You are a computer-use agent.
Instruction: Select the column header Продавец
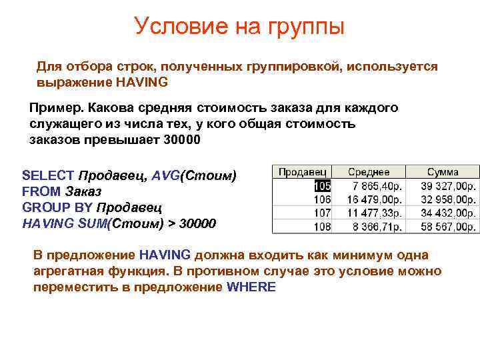click(x=301, y=172)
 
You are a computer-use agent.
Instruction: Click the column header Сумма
click(x=443, y=172)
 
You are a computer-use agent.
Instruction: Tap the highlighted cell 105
click(x=323, y=186)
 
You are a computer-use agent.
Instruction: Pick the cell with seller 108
click(x=323, y=226)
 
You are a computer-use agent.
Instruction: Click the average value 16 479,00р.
click(x=375, y=199)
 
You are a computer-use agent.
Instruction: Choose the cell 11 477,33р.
click(x=375, y=213)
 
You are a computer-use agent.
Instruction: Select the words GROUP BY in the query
click(x=58, y=207)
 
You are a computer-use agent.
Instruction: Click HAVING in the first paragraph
click(x=142, y=83)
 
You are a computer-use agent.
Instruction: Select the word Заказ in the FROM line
click(x=83, y=192)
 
